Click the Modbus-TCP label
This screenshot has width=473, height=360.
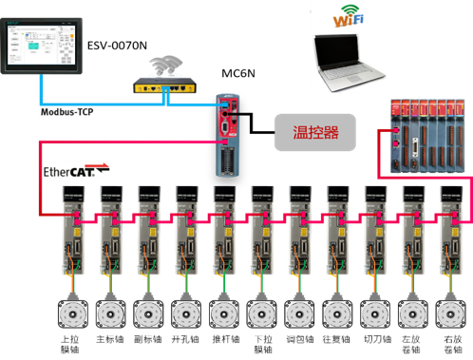[70, 112]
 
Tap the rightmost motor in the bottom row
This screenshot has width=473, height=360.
[448, 312]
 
